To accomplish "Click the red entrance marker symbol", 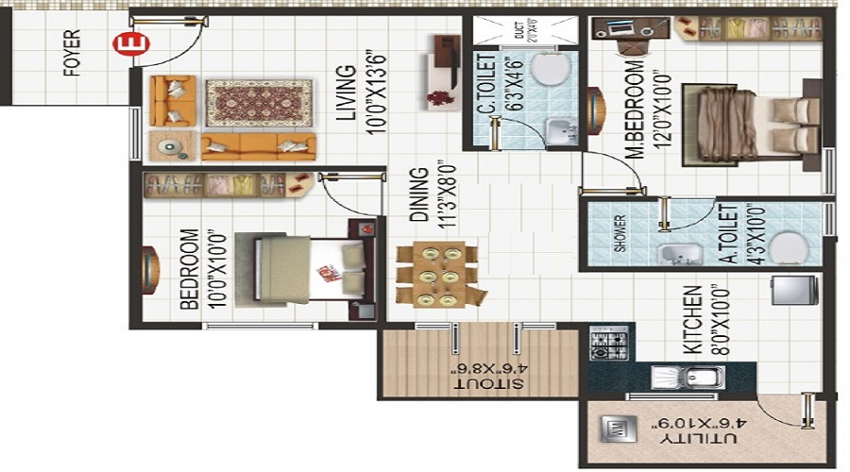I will pos(123,43).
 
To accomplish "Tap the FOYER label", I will pos(74,55).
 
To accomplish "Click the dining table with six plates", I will pos(437,275).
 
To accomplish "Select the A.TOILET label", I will pos(728,234).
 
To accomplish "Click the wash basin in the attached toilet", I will pos(675,254).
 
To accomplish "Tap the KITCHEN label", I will pos(692,320).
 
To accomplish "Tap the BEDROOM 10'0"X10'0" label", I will pos(188,269).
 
